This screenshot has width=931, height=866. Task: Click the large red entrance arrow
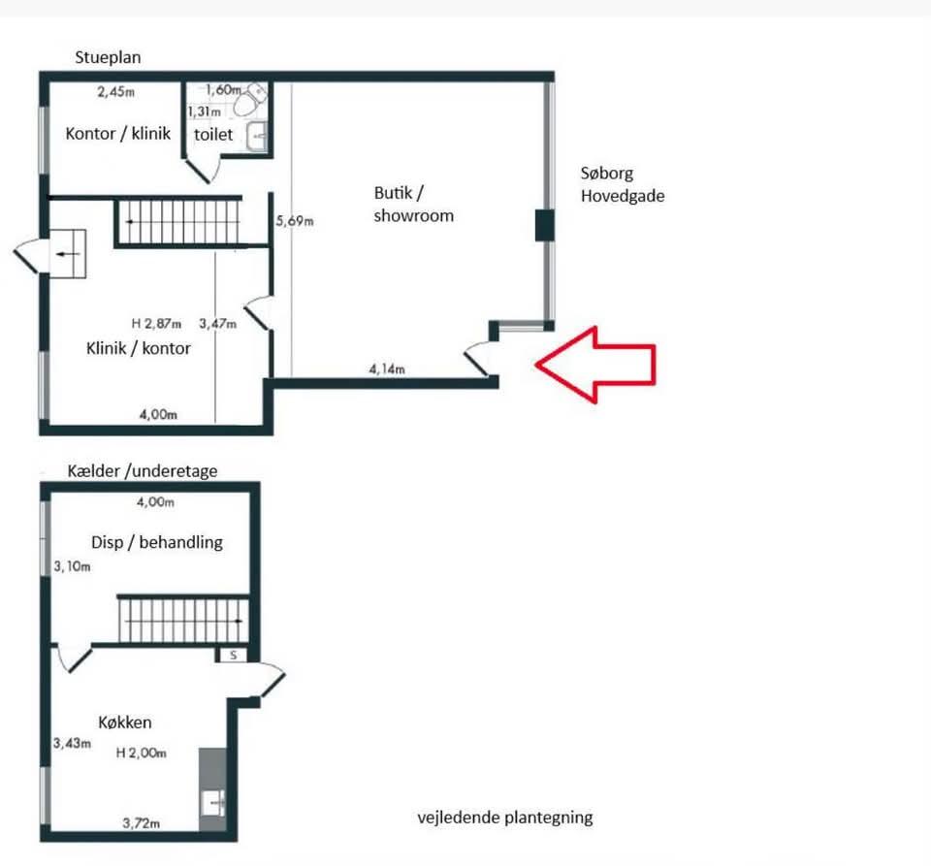point(595,365)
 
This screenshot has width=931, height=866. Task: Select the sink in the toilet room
point(257,137)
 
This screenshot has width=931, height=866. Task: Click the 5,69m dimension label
point(295,221)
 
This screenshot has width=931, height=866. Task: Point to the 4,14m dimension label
point(387,369)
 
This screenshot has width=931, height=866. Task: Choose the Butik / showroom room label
point(413,205)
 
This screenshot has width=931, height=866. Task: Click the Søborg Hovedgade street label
point(623,184)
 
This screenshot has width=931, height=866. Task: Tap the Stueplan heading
point(108,57)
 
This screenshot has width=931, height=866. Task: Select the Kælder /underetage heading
point(142,471)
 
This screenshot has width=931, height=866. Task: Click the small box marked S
point(234,656)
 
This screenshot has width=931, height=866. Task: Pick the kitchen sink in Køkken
point(213,804)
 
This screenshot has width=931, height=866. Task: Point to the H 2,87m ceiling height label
point(156,324)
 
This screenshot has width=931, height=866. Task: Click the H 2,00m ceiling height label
point(141,753)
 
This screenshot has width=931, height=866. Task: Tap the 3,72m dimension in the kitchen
point(142,822)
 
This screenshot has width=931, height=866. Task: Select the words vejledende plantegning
point(504,818)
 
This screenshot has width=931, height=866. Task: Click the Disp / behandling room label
point(157,542)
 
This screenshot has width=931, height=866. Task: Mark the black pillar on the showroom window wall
point(544,225)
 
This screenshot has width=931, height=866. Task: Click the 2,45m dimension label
point(115,91)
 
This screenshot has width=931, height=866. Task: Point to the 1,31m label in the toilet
point(205,112)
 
